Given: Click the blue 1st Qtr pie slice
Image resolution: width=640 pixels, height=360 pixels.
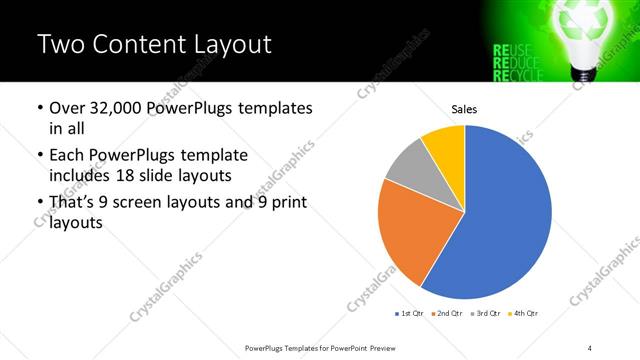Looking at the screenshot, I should coord(510,220).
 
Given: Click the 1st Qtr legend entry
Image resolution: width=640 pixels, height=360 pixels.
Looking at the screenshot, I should coord(409,314).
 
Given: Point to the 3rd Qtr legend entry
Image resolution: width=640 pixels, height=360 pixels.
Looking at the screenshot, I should coord(485,314).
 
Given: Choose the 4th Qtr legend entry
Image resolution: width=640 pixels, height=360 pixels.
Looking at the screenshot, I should coord(523,314).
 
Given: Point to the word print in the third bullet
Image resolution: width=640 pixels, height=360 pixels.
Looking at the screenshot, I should coord(285,203).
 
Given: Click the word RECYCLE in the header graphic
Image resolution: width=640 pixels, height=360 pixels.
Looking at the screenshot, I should coord(518,74).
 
